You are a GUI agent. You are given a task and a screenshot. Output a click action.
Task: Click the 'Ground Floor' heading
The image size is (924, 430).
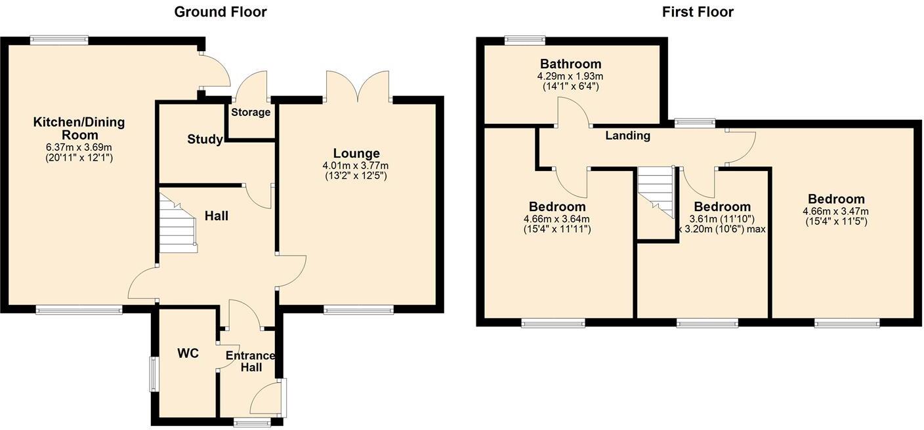220,12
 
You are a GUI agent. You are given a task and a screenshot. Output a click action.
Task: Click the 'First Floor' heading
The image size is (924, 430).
698,12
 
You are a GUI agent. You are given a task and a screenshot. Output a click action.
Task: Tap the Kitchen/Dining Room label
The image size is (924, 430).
79,128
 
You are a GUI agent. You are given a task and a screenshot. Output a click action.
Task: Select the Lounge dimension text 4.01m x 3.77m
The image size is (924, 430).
356,165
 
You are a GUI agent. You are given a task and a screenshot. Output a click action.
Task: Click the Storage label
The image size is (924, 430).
251,112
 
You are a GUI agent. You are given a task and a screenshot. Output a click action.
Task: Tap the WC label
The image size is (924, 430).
188,353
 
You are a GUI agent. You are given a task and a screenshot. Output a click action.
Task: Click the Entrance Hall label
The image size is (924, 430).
251,361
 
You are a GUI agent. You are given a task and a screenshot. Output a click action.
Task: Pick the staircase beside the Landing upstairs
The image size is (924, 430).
656,191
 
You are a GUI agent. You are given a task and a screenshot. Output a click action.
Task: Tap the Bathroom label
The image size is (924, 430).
570,64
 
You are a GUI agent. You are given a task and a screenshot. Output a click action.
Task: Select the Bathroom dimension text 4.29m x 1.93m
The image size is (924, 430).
570,76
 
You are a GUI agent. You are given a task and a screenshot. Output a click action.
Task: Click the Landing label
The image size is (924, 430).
627,136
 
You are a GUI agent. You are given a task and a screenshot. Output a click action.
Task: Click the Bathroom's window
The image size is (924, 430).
525,41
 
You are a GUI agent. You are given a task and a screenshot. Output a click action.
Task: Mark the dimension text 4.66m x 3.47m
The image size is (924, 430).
835,211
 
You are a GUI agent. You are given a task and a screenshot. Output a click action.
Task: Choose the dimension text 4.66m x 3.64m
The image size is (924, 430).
556,219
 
